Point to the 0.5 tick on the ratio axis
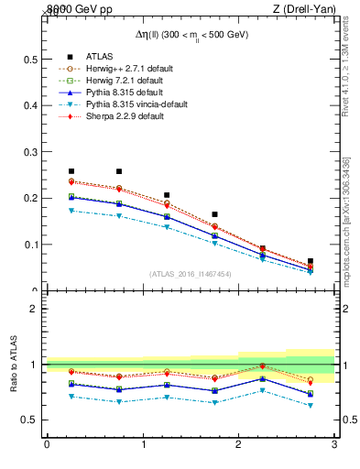point(30,420)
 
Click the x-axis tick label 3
point(334,445)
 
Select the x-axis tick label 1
point(143,445)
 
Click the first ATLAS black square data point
point(71,171)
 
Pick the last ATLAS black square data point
point(311,261)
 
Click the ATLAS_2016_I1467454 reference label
point(190,274)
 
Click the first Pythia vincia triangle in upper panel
point(71,211)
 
